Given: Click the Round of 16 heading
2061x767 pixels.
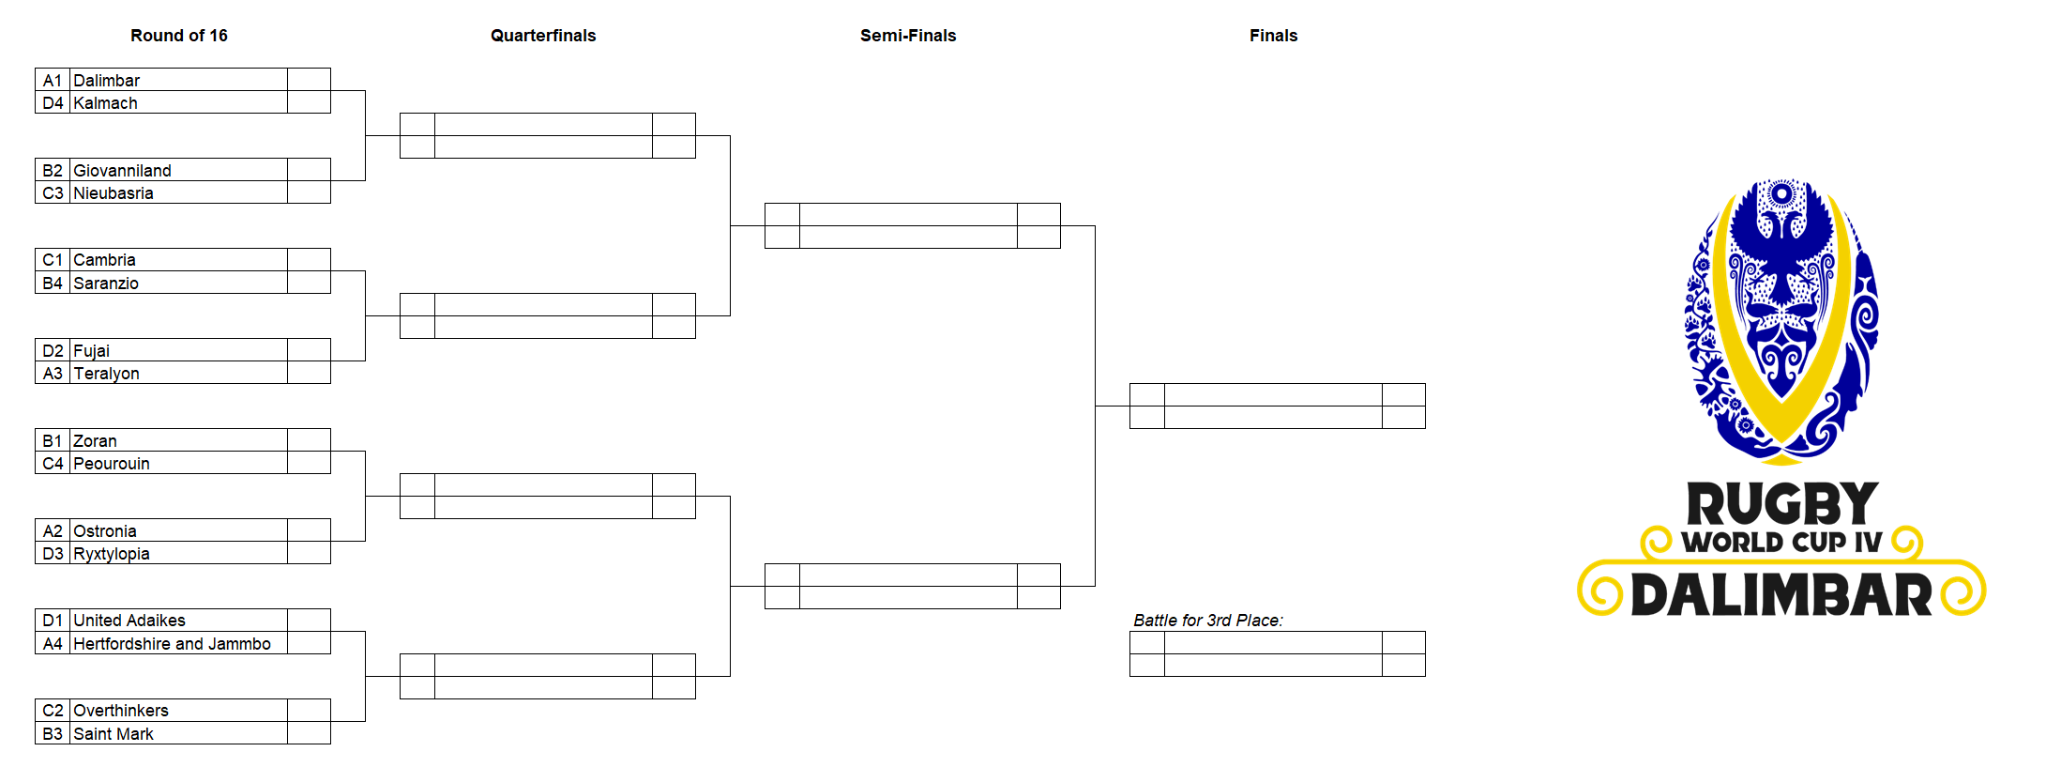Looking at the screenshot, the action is click(178, 36).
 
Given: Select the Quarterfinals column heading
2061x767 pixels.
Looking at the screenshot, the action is click(543, 36).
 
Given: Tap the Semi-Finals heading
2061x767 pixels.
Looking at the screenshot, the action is click(908, 36).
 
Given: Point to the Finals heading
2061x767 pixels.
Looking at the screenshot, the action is click(1273, 36).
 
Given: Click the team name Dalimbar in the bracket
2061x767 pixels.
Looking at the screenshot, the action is click(107, 81).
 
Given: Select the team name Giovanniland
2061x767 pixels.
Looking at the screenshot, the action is click(123, 171).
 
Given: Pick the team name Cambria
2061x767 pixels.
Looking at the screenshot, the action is click(105, 260).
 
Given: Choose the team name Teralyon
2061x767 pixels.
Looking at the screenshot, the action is click(107, 374).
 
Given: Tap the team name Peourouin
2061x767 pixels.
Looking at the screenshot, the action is click(112, 464).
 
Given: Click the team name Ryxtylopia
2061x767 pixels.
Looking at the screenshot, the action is click(112, 554).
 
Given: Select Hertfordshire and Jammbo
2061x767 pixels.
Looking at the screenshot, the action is click(173, 644).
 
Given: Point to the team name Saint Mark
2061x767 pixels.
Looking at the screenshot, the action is click(114, 734).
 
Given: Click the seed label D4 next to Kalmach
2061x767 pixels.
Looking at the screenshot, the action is click(53, 103).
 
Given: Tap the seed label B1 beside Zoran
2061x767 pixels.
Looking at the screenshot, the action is click(53, 441).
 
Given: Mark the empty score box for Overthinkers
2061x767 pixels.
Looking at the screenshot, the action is click(309, 711).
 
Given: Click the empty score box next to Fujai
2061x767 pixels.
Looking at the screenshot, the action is click(309, 350).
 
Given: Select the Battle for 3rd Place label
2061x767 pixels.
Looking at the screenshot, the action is click(1208, 621).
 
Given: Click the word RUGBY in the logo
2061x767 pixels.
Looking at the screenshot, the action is click(1782, 504).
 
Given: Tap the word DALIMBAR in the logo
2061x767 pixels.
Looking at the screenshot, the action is click(1781, 595).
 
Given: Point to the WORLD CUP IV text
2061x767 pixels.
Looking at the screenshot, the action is click(1781, 542).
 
